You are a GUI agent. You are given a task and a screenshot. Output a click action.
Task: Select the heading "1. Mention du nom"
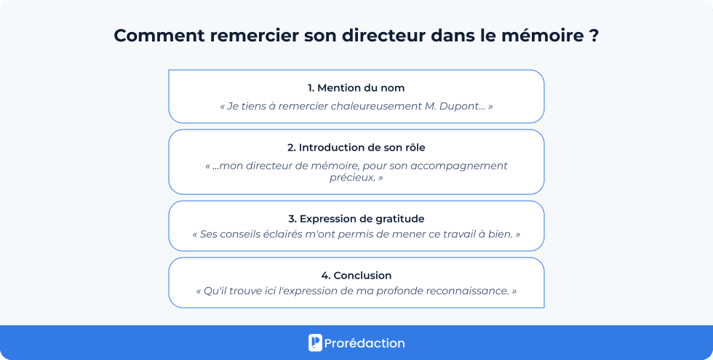click(x=356, y=88)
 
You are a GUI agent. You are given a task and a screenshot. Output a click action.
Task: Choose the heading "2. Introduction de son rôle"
click(x=356, y=148)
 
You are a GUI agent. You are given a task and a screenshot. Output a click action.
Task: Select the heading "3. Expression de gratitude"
click(x=356, y=219)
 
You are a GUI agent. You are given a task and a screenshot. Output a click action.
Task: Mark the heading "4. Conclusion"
click(x=356, y=276)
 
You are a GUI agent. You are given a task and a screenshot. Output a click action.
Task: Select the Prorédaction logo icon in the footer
click(x=315, y=343)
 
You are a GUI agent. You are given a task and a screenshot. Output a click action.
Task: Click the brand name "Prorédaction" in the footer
click(x=365, y=343)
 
